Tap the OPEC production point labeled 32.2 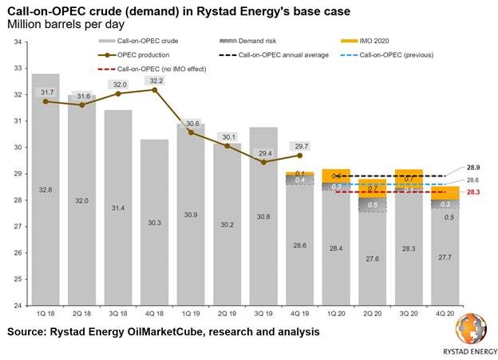pos(155,90)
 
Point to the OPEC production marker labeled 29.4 pos(264,162)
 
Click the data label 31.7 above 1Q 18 pos(45,93)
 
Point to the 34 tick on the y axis pos(17,42)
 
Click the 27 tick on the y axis pos(17,227)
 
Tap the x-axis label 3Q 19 pos(264,314)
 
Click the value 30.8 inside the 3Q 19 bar pos(264,216)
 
